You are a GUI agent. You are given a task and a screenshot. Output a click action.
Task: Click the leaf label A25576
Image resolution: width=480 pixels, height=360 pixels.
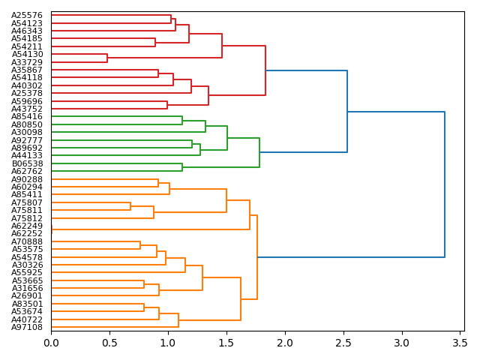[27, 15]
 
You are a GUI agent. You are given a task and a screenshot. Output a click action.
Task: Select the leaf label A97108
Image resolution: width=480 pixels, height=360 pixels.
[27, 327]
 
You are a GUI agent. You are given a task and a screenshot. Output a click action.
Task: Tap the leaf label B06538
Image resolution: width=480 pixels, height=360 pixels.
[27, 163]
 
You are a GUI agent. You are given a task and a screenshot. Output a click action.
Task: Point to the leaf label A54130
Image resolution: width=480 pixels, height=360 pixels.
[27, 54]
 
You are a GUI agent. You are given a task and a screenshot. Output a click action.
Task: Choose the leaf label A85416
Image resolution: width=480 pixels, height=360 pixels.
[27, 117]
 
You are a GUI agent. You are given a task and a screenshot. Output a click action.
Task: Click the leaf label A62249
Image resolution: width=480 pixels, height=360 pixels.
[27, 226]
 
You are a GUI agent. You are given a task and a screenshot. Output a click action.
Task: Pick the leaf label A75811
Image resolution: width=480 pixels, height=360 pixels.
[27, 210]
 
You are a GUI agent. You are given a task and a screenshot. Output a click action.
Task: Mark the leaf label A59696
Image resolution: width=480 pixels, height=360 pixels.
[27, 101]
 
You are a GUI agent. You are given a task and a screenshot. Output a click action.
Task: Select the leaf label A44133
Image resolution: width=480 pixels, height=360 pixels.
[27, 155]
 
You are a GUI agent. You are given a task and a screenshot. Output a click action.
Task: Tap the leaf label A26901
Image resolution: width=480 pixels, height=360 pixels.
[27, 295]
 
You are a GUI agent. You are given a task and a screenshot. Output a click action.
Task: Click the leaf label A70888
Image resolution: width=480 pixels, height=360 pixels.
[27, 241]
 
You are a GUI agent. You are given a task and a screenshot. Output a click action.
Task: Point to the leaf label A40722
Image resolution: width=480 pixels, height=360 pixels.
[27, 319]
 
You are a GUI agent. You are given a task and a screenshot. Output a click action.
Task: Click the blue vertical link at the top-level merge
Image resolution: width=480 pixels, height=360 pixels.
[445, 184]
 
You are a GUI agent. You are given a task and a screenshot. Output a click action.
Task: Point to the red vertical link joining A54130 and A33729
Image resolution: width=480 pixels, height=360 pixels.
[107, 58]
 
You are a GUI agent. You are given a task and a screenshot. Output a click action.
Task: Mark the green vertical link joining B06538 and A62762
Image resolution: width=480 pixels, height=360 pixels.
[182, 167]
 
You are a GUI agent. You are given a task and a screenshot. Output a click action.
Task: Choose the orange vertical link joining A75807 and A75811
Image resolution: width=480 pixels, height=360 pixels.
[130, 206]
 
